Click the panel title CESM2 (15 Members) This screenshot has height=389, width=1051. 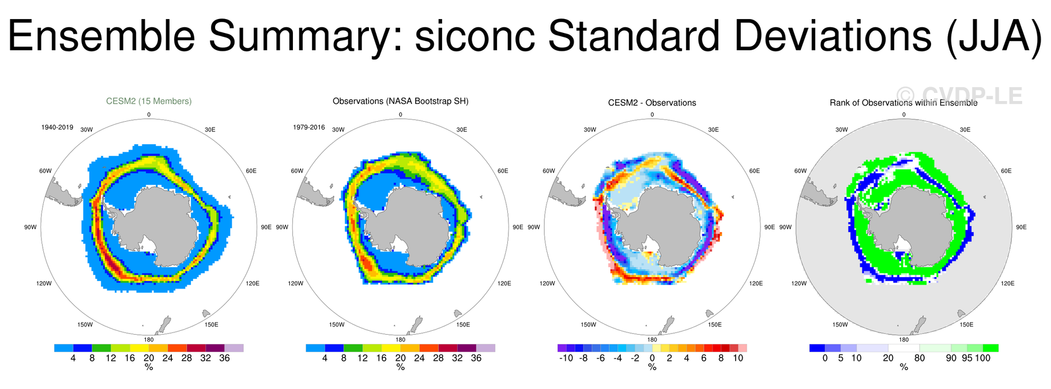click(149, 101)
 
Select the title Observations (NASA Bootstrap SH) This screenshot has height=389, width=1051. click(401, 101)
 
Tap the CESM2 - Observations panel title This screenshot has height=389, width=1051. click(652, 103)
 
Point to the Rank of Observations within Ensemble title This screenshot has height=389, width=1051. click(903, 103)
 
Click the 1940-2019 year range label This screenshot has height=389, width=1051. click(57, 127)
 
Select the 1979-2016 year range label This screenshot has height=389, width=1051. click(309, 127)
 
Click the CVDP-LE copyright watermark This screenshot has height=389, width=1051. click(959, 96)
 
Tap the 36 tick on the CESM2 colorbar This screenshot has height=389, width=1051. click(224, 358)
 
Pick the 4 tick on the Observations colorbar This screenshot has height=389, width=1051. click(325, 358)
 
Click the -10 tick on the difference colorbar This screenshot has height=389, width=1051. click(566, 358)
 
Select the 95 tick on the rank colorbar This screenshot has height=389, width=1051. click(967, 358)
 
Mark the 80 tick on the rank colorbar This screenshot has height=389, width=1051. click(920, 358)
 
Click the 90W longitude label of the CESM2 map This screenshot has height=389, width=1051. click(30, 227)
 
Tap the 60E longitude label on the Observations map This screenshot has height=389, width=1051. click(503, 171)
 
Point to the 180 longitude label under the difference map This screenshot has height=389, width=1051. click(652, 340)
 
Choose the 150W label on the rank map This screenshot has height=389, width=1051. click(840, 325)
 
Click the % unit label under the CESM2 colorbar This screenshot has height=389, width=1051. click(149, 367)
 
